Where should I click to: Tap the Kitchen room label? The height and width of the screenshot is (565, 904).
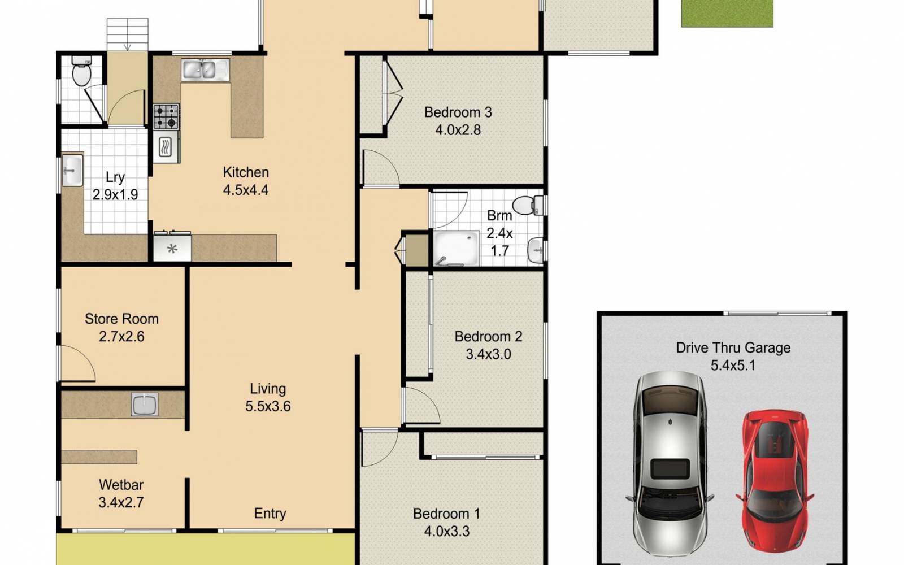pyautogui.click(x=245, y=172)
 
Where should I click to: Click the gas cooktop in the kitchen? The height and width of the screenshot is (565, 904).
pyautogui.click(x=166, y=116)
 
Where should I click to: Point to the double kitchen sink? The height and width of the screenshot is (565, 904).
pyautogui.click(x=205, y=69)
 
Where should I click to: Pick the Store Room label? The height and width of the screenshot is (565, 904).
pyautogui.click(x=121, y=319)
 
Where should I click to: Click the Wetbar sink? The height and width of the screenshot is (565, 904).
pyautogui.click(x=145, y=405)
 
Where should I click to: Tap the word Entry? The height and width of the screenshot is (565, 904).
pyautogui.click(x=270, y=513)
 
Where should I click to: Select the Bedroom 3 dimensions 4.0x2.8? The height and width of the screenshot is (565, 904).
pyautogui.click(x=458, y=130)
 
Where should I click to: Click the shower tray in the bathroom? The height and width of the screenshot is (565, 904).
pyautogui.click(x=456, y=247)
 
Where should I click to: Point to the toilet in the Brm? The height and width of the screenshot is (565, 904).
pyautogui.click(x=528, y=205)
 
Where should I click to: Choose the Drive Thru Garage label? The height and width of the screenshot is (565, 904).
pyautogui.click(x=733, y=347)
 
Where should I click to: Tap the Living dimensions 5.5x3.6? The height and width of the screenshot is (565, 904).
pyautogui.click(x=268, y=406)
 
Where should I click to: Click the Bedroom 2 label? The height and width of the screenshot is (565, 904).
pyautogui.click(x=488, y=337)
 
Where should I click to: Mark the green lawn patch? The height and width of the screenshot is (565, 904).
pyautogui.click(x=727, y=13)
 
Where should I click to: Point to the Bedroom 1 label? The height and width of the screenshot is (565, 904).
pyautogui.click(x=446, y=514)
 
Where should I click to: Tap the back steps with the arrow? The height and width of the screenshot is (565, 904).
pyautogui.click(x=127, y=34)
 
